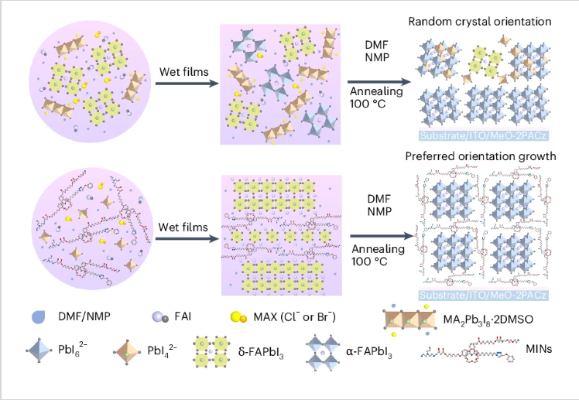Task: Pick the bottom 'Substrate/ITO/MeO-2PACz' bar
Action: (485, 295)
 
